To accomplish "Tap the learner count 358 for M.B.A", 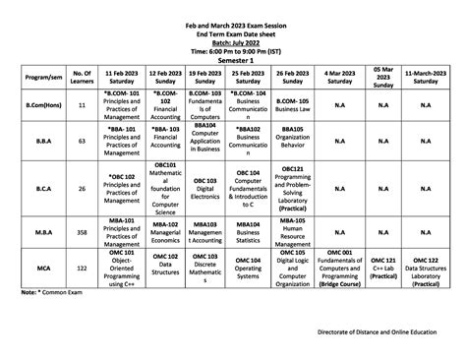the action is pos(83,233).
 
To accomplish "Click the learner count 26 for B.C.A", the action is pos(83,187).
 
